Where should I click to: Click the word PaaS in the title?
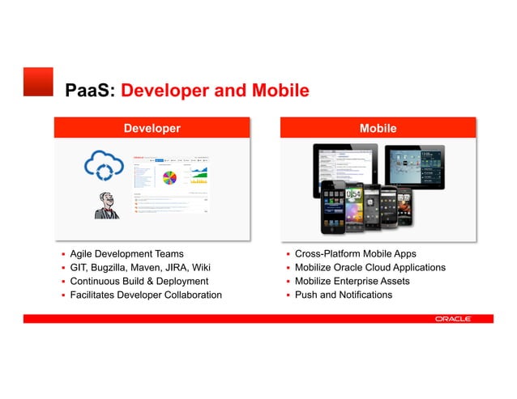[x=90, y=91]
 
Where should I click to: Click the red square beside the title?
[x=38, y=82]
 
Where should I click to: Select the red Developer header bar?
[x=152, y=128]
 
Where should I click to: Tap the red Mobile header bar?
[x=378, y=128]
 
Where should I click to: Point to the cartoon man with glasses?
[x=105, y=206]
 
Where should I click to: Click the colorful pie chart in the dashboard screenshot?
[x=170, y=177]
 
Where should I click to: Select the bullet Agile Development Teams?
[x=126, y=254]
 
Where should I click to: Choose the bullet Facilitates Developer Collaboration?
[x=145, y=295]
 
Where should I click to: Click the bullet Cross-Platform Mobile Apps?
[x=355, y=254]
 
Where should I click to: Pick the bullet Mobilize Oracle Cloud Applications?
[x=370, y=268]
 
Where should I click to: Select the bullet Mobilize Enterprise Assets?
[x=352, y=281]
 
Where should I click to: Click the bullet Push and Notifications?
[x=343, y=295]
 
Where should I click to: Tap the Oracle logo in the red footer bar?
[x=452, y=319]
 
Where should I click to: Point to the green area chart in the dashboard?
[x=199, y=174]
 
